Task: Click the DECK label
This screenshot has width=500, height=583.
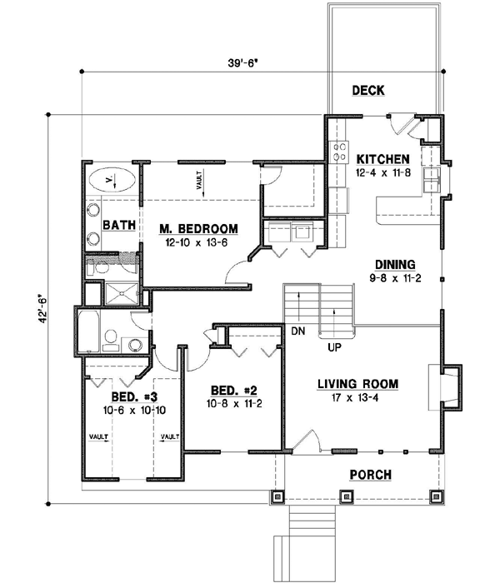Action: [x=367, y=90]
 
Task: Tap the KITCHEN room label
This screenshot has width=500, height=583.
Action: [x=382, y=158]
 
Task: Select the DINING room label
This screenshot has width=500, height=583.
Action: [x=394, y=262]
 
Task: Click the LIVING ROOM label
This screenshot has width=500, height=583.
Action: [x=357, y=384]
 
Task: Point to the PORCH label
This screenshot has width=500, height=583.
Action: [x=371, y=475]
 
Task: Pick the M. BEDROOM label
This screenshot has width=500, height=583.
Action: [x=199, y=228]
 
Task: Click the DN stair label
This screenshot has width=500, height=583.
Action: [x=297, y=331]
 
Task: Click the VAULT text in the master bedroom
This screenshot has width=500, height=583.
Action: [x=201, y=182]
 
